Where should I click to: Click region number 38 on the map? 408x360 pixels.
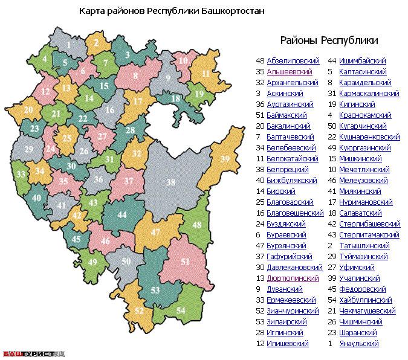[171, 182]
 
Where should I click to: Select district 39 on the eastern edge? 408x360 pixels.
[224, 159]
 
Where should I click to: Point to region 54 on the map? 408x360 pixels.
[181, 310]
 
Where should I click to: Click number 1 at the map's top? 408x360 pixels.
[70, 44]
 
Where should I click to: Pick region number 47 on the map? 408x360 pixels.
[155, 232]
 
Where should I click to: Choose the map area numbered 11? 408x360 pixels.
[205, 74]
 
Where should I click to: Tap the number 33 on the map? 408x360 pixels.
[21, 174]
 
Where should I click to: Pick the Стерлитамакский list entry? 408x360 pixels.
[369, 234]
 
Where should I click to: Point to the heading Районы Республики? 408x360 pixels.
[329, 40]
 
